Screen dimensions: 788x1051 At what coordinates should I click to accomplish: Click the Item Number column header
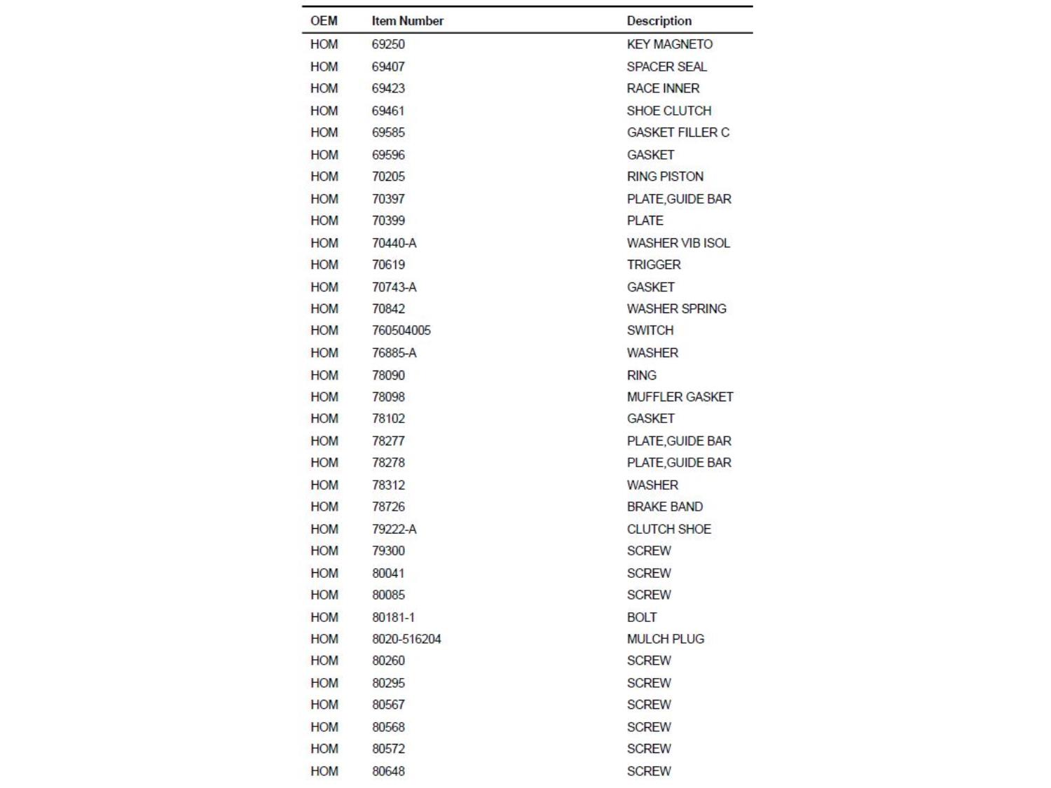(407, 21)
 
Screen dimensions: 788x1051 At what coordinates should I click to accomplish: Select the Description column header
(659, 21)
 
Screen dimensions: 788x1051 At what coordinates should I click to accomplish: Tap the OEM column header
(324, 21)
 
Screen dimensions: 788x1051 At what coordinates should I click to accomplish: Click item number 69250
(388, 44)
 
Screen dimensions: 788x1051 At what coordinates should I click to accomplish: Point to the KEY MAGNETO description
(669, 44)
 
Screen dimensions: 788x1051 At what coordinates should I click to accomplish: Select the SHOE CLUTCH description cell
(668, 111)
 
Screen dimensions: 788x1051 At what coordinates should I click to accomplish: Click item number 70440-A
(394, 243)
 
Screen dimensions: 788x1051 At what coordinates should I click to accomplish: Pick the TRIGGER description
(654, 265)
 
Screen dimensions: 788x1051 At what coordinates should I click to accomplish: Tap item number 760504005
(401, 331)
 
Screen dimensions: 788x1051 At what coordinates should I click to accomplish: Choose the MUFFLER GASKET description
(680, 397)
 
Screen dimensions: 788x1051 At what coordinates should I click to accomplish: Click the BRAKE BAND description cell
(664, 506)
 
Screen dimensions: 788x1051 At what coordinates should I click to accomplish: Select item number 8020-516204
(406, 639)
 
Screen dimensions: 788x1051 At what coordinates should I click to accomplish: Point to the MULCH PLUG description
(665, 639)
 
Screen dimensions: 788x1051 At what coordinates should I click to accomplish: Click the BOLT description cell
(642, 617)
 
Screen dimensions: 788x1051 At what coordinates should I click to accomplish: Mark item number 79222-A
(394, 529)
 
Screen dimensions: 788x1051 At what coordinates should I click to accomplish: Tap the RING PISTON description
(665, 177)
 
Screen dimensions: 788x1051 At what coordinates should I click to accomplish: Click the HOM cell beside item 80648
(324, 771)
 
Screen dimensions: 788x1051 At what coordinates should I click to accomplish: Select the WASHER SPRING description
(676, 309)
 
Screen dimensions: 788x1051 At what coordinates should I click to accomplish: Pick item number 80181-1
(393, 617)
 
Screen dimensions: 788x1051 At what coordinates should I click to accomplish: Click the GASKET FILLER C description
(678, 132)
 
